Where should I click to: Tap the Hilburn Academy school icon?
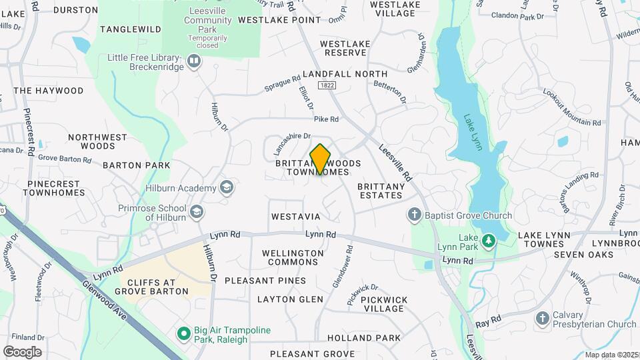click(227, 188)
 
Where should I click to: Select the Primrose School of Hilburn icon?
click(196, 213)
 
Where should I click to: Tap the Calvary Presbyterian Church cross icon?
click(543, 319)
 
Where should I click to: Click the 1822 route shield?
click(327, 85)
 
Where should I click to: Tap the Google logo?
click(22, 351)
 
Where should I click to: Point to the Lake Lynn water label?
click(473, 132)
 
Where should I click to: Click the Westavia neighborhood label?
click(296, 217)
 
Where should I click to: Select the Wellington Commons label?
click(293, 258)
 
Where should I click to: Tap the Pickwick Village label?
click(384, 305)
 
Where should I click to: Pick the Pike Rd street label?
click(327, 119)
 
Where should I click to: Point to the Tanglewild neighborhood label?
click(131, 29)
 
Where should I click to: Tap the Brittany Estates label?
click(380, 191)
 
